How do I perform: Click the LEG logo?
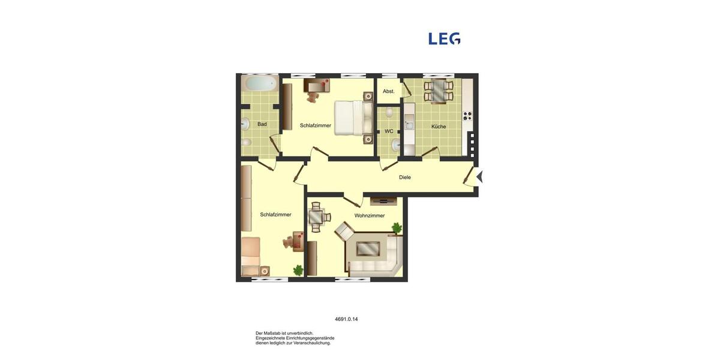click(444, 38)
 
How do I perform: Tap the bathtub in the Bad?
click(259, 83)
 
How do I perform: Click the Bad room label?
click(262, 124)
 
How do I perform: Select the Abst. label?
click(389, 91)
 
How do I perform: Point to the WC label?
click(389, 131)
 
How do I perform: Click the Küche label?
click(439, 127)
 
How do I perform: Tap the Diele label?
click(405, 177)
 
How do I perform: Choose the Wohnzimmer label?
click(370, 215)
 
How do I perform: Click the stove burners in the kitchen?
click(467, 116)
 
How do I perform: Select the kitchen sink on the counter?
click(409, 124)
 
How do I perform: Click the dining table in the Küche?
click(439, 91)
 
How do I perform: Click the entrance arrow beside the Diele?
click(479, 176)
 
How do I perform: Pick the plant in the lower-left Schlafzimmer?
click(298, 270)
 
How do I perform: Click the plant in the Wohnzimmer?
click(396, 227)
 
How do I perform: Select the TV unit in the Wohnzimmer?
click(383, 201)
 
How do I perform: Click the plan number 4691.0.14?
click(346, 319)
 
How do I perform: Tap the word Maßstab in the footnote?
click(273, 333)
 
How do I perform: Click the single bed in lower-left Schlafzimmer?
click(251, 255)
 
